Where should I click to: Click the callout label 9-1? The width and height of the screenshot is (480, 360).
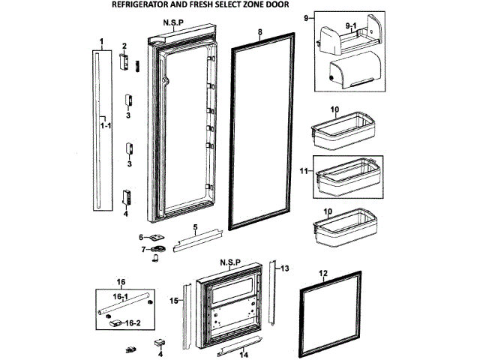[351, 26]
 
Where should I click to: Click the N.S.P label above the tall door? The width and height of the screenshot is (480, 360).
[174, 23]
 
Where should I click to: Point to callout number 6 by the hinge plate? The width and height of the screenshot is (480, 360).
[140, 237]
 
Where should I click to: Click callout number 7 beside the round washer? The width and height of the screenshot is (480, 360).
[140, 249]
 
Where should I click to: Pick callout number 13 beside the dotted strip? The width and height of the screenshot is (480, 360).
[285, 267]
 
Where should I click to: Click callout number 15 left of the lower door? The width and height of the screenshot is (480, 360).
[172, 301]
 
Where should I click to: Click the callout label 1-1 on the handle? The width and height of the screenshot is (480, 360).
[106, 126]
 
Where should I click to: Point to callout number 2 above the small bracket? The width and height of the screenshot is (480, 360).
[124, 46]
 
